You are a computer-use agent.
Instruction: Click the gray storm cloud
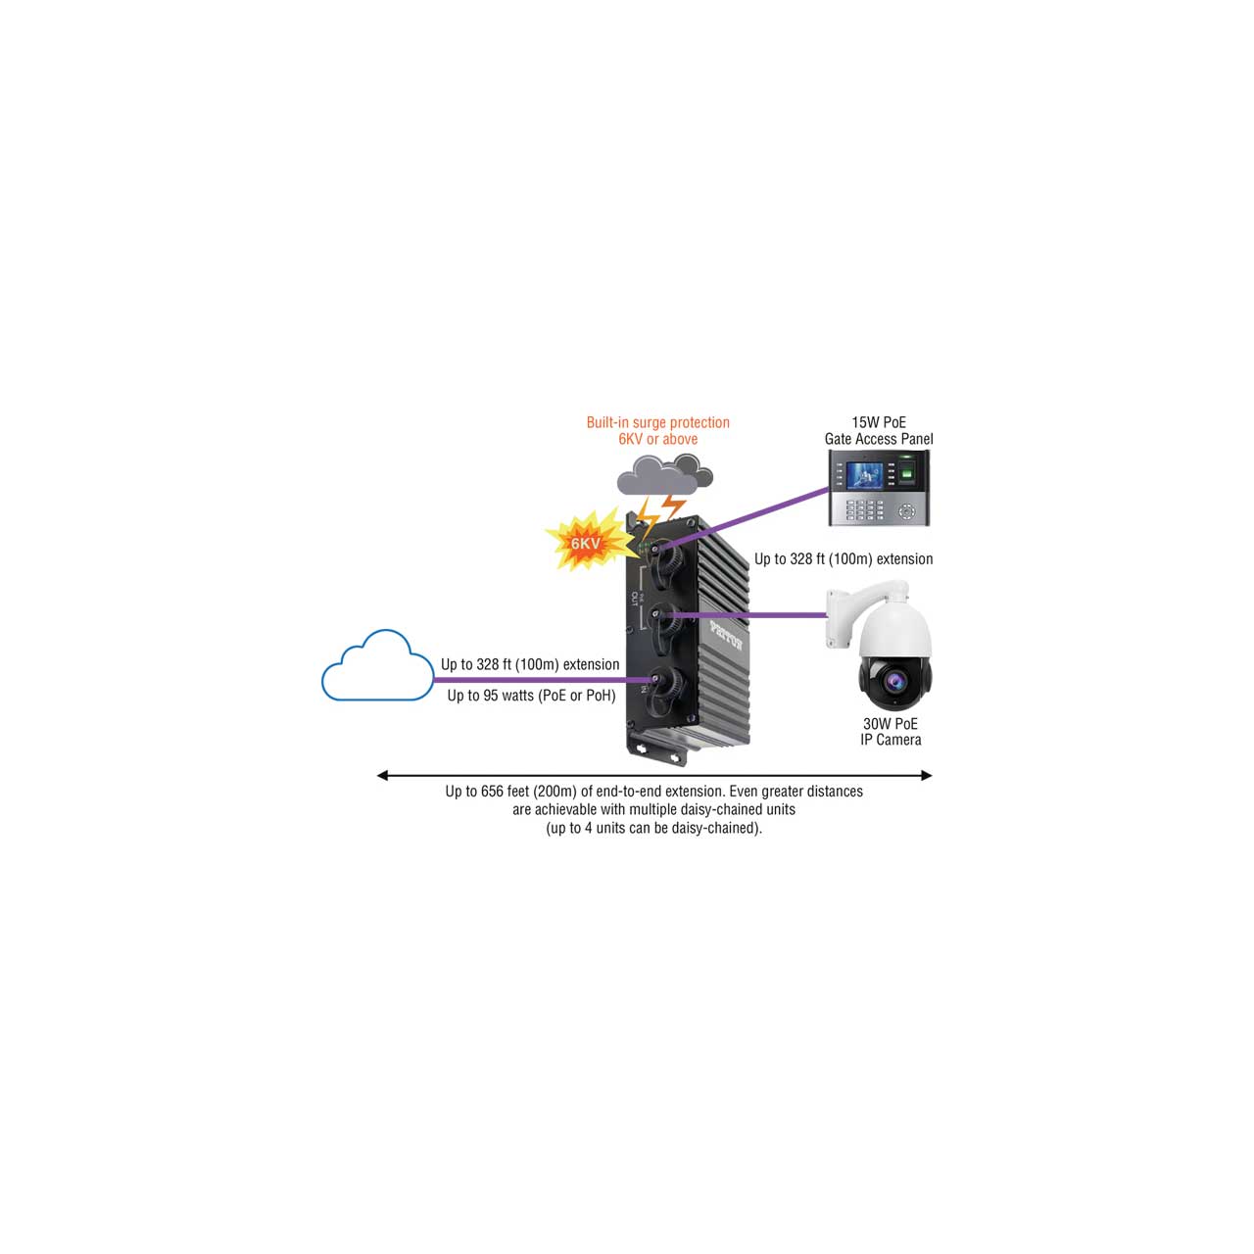click(x=664, y=475)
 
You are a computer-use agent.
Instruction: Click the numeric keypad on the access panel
click(x=864, y=509)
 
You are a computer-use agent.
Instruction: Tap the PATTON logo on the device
click(x=727, y=635)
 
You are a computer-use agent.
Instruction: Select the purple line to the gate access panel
click(x=746, y=517)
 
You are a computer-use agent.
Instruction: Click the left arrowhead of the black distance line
click(x=383, y=775)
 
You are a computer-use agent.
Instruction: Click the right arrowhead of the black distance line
click(x=927, y=775)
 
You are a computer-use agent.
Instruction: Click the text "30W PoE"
click(x=891, y=724)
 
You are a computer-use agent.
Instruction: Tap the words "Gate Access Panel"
click(x=879, y=439)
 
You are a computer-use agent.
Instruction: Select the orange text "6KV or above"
click(x=658, y=439)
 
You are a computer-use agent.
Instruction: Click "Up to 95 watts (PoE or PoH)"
click(x=531, y=696)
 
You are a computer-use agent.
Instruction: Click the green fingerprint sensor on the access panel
click(x=906, y=475)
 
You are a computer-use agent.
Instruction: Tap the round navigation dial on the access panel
click(x=906, y=510)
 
